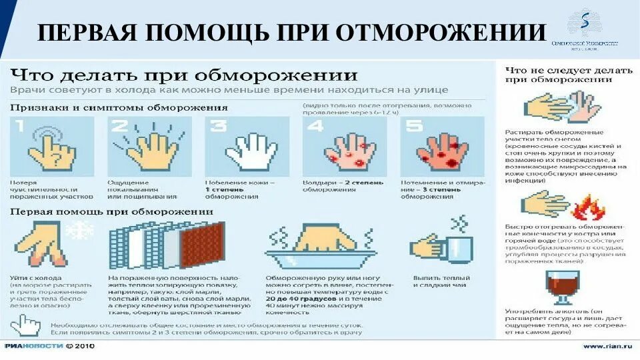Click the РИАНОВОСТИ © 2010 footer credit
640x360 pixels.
click(x=49, y=346)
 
